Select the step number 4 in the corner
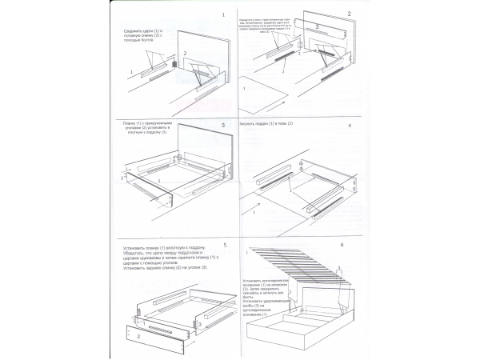pos(349,126)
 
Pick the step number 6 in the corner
pos(343,245)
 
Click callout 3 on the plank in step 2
pos(317,26)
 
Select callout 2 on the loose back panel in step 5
pos(137,338)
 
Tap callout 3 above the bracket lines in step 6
pos(340,267)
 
